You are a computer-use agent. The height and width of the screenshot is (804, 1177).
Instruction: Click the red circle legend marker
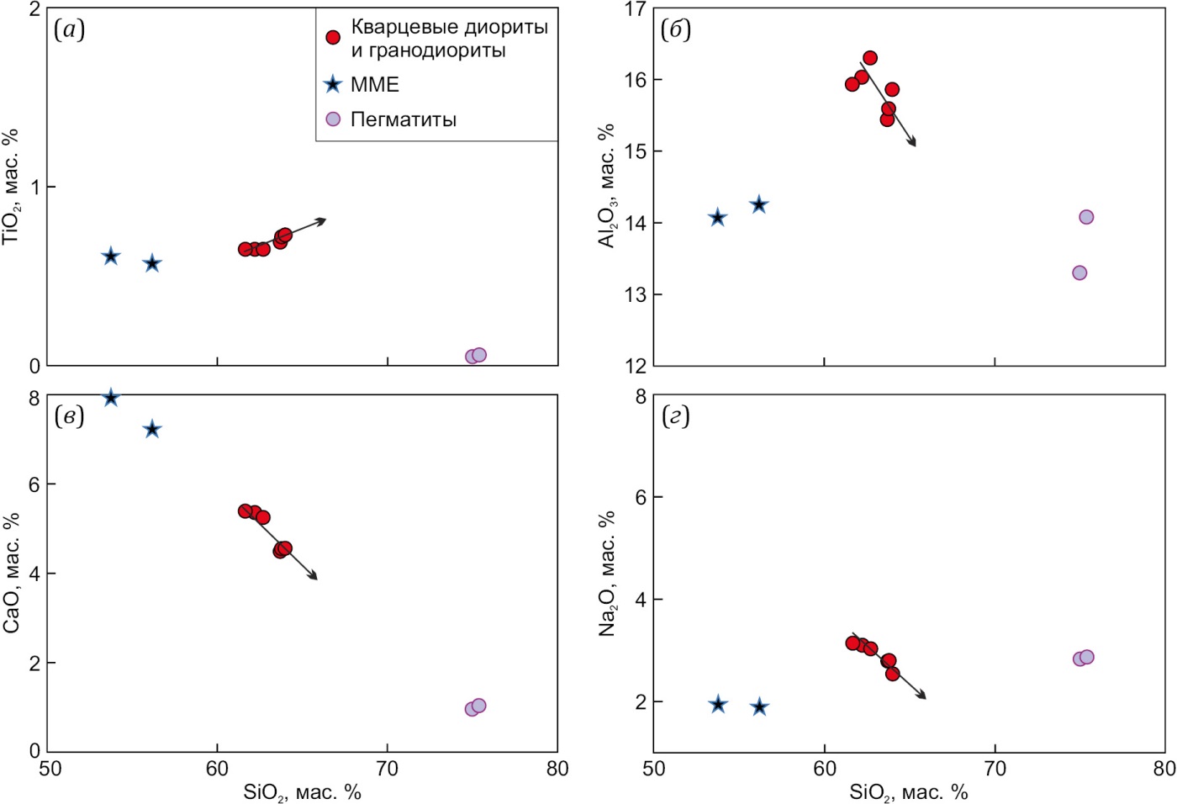[x=333, y=38]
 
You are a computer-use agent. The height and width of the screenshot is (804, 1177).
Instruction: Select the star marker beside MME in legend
[x=333, y=84]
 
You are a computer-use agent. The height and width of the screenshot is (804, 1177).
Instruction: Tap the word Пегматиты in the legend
[x=403, y=119]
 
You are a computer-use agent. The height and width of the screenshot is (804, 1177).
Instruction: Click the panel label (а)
[x=69, y=30]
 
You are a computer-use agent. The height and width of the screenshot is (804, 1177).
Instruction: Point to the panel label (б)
[x=675, y=30]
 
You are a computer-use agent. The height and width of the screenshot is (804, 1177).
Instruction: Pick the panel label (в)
[x=69, y=416]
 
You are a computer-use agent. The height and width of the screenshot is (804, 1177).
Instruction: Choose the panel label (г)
[x=675, y=416]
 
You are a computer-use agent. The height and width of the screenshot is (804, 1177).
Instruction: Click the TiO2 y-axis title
[x=11, y=187]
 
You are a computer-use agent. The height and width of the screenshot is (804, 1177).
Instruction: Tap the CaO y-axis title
[x=11, y=574]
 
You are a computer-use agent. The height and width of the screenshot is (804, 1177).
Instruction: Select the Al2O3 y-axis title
[x=606, y=187]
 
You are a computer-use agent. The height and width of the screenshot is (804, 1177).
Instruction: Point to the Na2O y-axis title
[x=606, y=574]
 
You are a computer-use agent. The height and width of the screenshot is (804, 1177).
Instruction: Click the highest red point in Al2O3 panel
[x=870, y=58]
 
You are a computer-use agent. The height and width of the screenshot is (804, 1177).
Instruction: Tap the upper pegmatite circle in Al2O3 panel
[x=1086, y=217]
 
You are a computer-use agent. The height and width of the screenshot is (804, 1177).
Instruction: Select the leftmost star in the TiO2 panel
[x=110, y=257]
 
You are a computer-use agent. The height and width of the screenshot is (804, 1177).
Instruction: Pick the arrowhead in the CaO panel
[x=314, y=577]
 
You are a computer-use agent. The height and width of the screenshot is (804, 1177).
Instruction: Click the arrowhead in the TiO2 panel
[x=322, y=220]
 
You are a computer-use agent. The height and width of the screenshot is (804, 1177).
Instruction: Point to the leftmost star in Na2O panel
[x=717, y=705]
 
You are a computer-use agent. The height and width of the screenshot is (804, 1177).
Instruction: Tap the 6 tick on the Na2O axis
[x=641, y=497]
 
